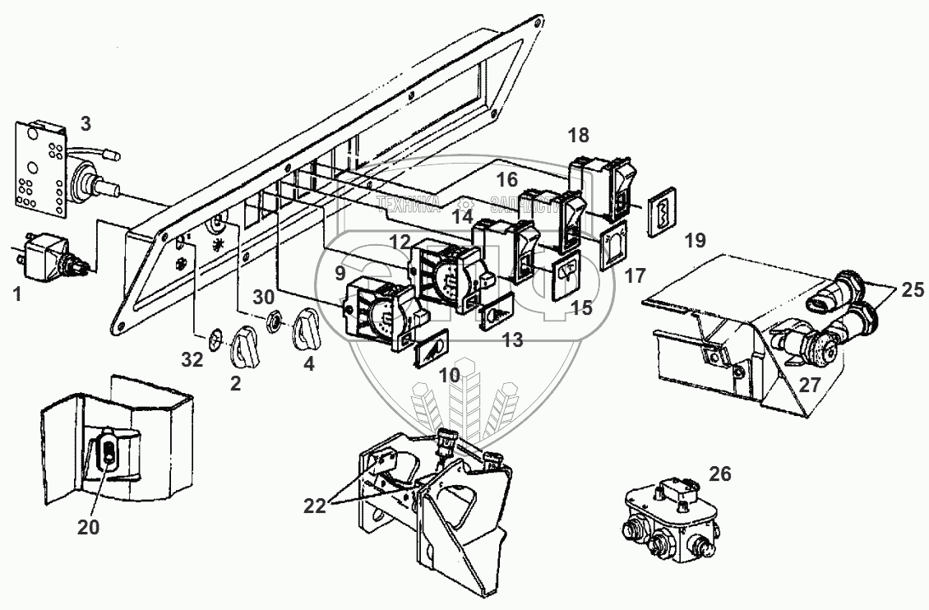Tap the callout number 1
(16, 291)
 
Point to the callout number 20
(88, 527)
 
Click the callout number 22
(314, 506)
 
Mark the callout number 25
(911, 289)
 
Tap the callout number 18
(579, 136)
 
